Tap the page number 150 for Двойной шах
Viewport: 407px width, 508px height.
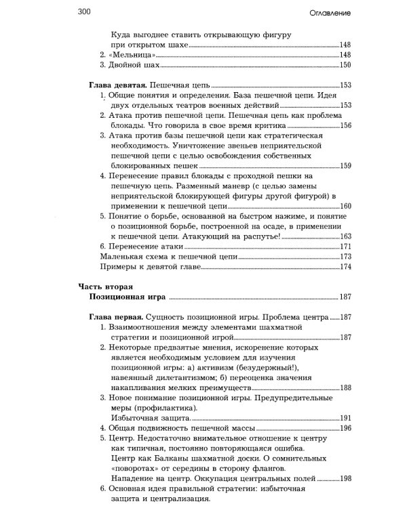[345, 65]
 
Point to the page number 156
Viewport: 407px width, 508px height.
[345, 126]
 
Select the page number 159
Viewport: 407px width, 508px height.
[345, 166]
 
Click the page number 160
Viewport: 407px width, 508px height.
[345, 206]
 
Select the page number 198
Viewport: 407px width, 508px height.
[345, 478]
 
